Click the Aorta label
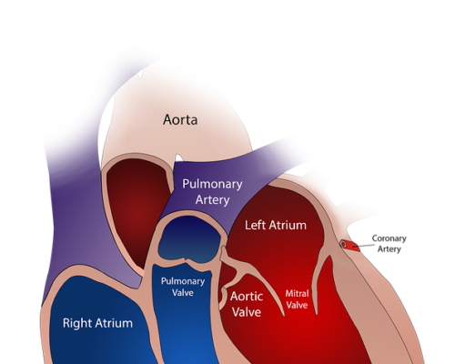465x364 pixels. coord(180,119)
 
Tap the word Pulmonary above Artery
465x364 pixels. coord(212,185)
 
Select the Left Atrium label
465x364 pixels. coord(276,225)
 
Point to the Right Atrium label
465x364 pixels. coord(97,323)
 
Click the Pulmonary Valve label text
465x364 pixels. coord(183,287)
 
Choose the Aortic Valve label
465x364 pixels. coord(247,304)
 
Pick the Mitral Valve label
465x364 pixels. coord(297,299)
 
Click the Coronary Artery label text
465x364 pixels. coord(389,244)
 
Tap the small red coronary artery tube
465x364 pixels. coord(349,246)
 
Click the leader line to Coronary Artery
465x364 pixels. coord(363,246)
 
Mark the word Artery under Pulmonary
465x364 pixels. coord(212,200)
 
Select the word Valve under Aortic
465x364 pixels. coord(247,312)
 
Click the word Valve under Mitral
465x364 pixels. coord(297,305)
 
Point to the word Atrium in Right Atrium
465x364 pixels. coord(114,323)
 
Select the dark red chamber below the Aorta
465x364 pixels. coord(138,209)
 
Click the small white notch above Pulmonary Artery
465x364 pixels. coord(178,158)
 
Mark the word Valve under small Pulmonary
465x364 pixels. coord(183,293)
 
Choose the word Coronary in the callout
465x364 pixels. coord(389,238)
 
